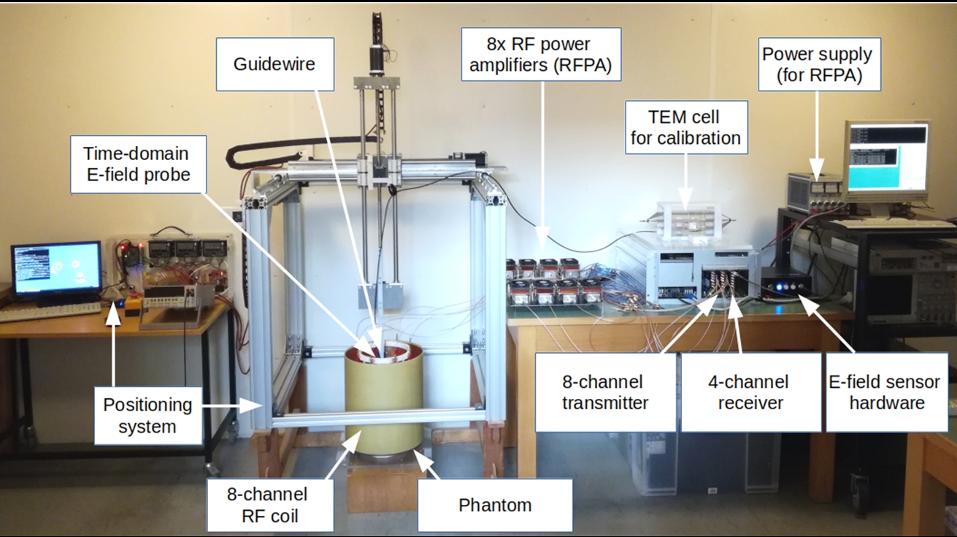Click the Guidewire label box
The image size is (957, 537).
click(x=274, y=64)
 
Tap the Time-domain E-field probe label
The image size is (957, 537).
click(x=136, y=164)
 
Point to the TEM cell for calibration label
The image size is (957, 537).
click(x=685, y=127)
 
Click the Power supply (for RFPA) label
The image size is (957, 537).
click(x=817, y=64)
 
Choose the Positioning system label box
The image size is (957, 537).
click(x=147, y=415)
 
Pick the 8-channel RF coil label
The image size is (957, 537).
click(x=269, y=505)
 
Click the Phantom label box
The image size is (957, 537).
click(x=494, y=505)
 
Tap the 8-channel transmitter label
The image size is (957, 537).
click(x=603, y=392)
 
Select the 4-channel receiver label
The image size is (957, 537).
click(x=750, y=392)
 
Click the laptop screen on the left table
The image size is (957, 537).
click(x=55, y=268)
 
